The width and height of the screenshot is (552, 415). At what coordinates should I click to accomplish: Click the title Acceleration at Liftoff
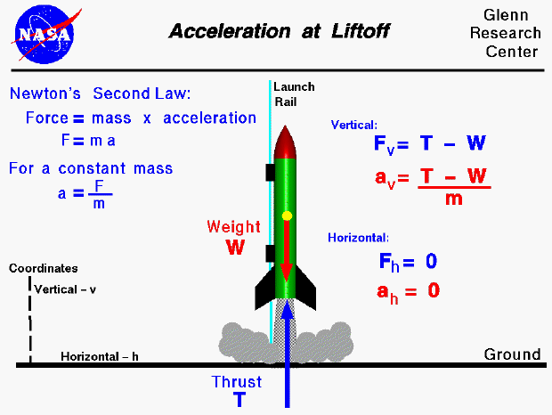click(280, 32)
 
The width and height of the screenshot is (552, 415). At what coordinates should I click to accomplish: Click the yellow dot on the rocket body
click(287, 216)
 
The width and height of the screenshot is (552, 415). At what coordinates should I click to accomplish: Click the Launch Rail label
click(294, 94)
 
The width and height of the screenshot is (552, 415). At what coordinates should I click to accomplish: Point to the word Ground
click(512, 354)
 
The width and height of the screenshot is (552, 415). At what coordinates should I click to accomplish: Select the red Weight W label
click(234, 237)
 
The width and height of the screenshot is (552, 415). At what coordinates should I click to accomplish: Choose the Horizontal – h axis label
click(100, 357)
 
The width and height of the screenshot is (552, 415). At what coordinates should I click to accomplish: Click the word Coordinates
click(44, 268)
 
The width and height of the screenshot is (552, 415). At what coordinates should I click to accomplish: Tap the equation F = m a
click(88, 141)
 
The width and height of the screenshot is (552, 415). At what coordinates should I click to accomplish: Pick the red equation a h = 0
click(407, 290)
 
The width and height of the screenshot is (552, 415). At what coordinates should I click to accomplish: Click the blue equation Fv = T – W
click(428, 144)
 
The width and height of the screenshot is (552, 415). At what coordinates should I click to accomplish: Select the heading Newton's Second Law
click(100, 94)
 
